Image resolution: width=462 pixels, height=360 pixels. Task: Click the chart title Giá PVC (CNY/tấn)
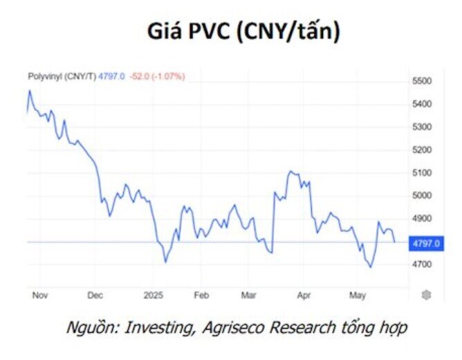click(x=244, y=33)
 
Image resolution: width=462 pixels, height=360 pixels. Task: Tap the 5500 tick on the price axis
click(x=421, y=81)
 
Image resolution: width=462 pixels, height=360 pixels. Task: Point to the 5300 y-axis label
click(x=421, y=127)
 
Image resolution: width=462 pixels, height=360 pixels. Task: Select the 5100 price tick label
click(x=421, y=172)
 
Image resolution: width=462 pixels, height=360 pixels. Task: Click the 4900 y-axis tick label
click(x=421, y=218)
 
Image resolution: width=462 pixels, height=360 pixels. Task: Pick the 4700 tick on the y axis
click(x=421, y=264)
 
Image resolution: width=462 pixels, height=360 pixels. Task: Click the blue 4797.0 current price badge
click(x=425, y=243)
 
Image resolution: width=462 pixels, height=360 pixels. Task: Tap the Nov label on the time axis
click(x=39, y=295)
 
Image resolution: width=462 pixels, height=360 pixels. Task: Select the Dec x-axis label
click(x=95, y=295)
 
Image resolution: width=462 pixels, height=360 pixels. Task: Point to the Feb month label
click(x=201, y=295)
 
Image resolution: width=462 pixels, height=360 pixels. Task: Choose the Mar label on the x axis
click(x=248, y=295)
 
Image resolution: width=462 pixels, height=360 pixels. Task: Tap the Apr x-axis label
click(x=303, y=295)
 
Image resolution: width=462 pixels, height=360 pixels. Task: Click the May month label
click(x=357, y=295)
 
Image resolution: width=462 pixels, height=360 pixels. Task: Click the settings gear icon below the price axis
click(x=426, y=295)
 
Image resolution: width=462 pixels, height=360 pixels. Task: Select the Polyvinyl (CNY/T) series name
click(x=62, y=76)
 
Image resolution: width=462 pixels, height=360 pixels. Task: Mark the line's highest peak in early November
click(x=29, y=91)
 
